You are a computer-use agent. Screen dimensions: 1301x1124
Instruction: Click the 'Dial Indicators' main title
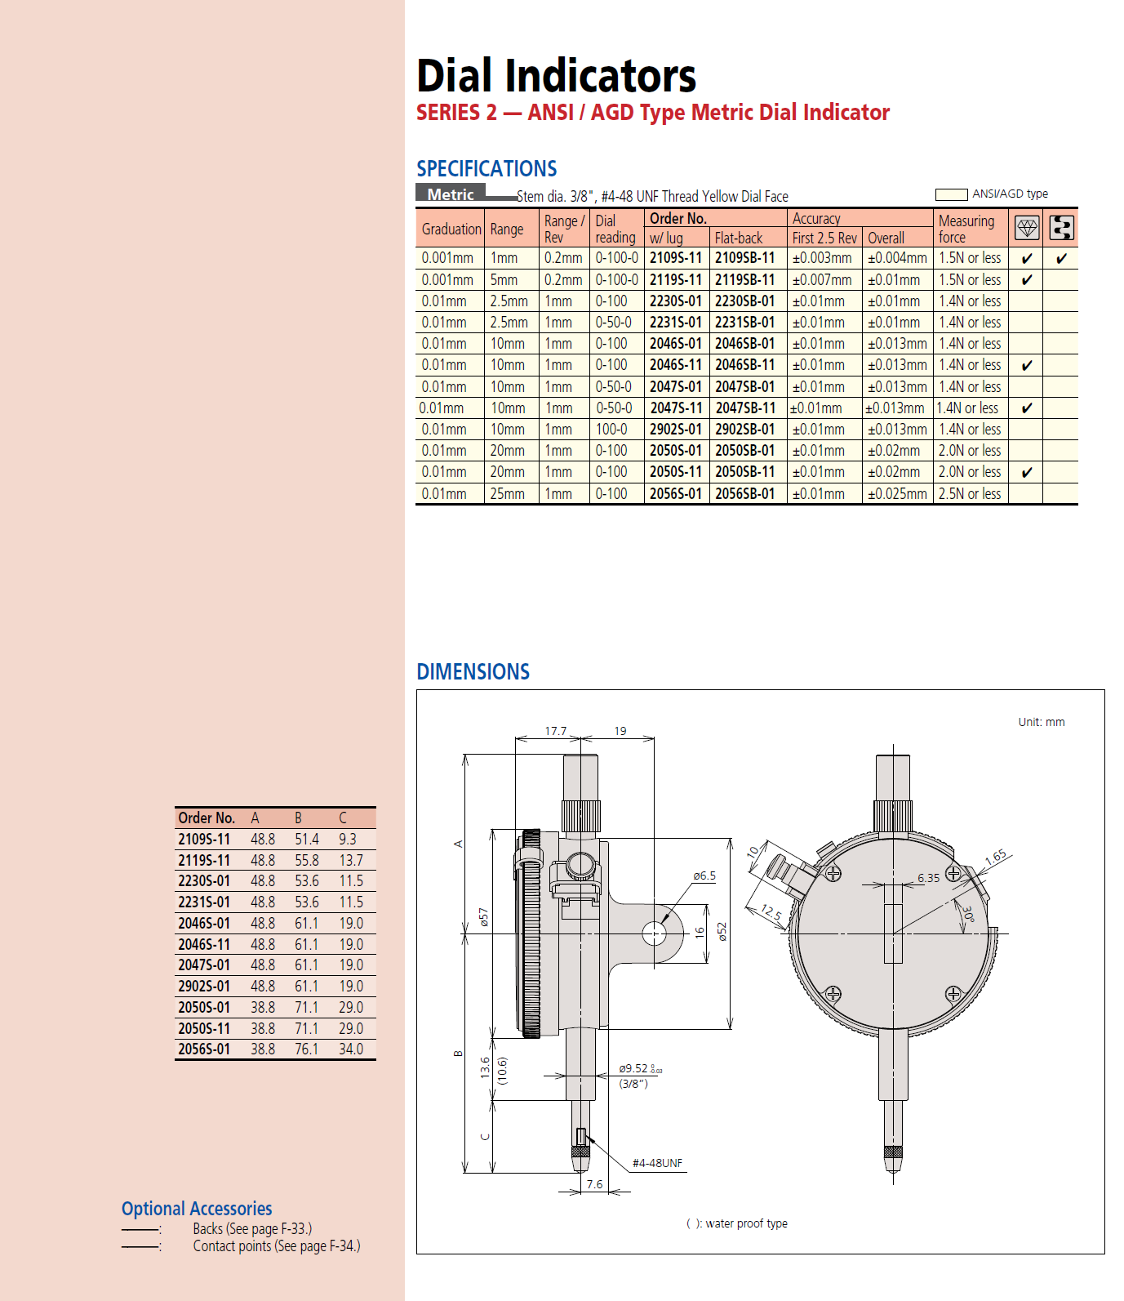pos(556,76)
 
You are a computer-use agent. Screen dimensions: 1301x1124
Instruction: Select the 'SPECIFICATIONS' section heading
pos(486,169)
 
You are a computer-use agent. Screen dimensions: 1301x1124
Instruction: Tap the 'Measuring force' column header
pos(966,229)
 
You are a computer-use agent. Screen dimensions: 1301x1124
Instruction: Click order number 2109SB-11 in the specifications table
pos(744,258)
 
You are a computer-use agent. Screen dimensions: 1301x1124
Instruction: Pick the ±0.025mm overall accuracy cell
pos(896,494)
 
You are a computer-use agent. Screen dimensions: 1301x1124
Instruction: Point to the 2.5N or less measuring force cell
pos(969,494)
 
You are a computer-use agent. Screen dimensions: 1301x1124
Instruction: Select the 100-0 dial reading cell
pos(611,430)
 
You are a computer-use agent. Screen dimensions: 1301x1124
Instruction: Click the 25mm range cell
pos(507,494)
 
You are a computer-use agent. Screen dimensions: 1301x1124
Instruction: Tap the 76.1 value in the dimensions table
pos(307,1049)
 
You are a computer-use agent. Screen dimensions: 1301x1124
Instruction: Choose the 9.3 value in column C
pos(348,840)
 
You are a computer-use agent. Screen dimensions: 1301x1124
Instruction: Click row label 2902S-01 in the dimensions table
pos(204,987)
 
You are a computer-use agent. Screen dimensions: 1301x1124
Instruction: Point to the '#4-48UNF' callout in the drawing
pos(657,1163)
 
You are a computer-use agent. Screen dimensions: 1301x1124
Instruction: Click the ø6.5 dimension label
pos(704,876)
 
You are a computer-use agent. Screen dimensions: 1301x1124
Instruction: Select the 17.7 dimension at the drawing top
pos(555,731)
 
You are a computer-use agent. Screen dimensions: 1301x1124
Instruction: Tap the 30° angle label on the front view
pos(968,914)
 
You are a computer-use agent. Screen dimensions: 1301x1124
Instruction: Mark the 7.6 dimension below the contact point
pos(594,1184)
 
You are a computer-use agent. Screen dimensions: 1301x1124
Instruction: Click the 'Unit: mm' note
pos(1041,722)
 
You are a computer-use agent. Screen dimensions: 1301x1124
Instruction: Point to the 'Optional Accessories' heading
pos(197,1209)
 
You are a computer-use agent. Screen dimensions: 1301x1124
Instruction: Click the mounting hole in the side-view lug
pos(654,933)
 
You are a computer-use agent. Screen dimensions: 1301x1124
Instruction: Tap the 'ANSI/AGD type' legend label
pos(1010,194)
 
